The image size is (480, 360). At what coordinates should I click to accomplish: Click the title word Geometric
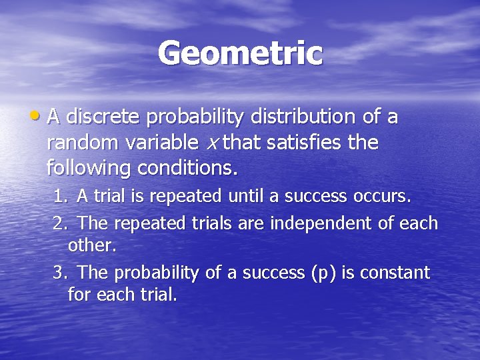click(240, 53)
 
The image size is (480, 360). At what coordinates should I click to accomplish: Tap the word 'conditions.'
click(187, 169)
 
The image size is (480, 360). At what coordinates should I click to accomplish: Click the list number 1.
click(59, 197)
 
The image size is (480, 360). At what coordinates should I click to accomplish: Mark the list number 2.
click(59, 223)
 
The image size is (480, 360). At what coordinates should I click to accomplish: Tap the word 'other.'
click(92, 245)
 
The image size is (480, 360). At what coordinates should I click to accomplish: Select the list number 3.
click(59, 273)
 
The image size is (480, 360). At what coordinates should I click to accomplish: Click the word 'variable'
click(159, 143)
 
